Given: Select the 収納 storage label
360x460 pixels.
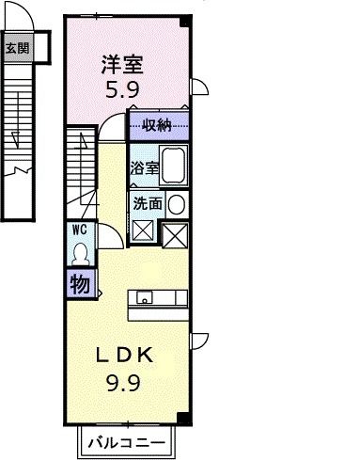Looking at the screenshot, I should (x=157, y=125).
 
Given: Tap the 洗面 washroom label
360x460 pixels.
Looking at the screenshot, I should (x=148, y=202).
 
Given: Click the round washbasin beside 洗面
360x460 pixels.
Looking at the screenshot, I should (x=177, y=202).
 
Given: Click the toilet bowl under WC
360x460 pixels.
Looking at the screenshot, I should (x=79, y=253).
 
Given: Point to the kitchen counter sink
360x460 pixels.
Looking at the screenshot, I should (x=145, y=298).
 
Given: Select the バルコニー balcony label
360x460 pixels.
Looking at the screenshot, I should (x=127, y=441).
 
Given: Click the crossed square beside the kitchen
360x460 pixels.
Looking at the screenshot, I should (x=177, y=234).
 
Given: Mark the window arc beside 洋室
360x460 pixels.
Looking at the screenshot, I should (x=199, y=88).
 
